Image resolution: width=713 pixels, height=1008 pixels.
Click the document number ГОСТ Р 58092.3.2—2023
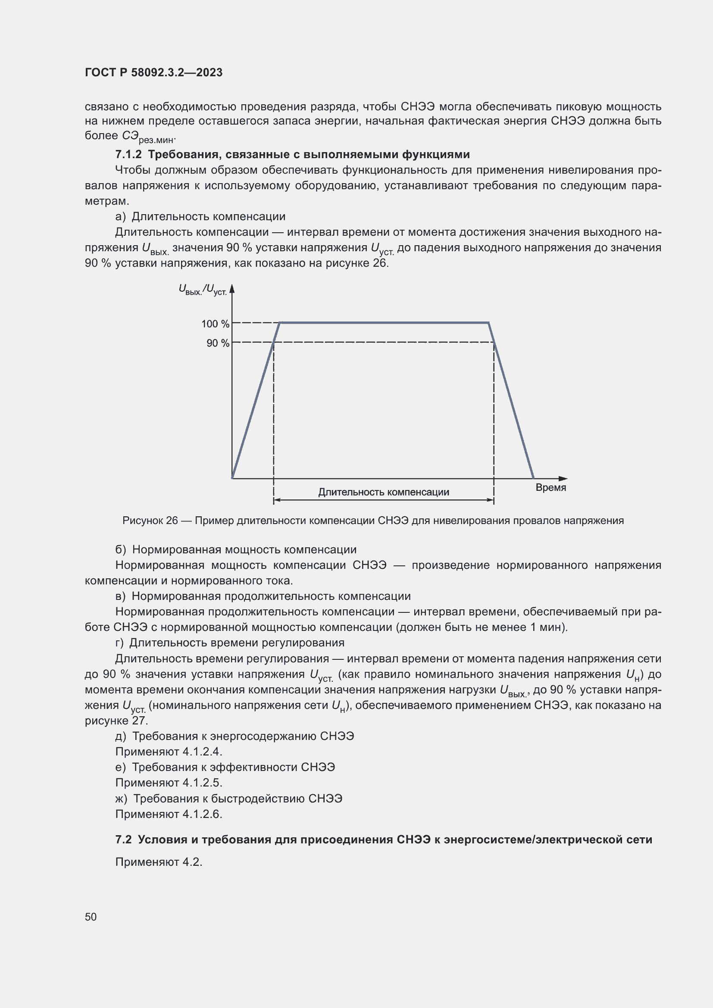pyautogui.click(x=153, y=72)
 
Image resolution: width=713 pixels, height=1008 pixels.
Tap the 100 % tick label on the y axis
pyautogui.click(x=215, y=324)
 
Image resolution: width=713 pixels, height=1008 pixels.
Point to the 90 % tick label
pyautogui.click(x=218, y=343)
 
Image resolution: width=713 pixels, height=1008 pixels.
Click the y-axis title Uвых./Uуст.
pyautogui.click(x=203, y=290)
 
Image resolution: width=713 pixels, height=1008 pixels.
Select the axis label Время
pyautogui.click(x=550, y=488)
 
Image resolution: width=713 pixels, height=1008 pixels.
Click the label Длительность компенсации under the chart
pyautogui.click(x=383, y=492)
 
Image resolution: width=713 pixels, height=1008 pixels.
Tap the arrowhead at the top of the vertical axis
pyautogui.click(x=232, y=288)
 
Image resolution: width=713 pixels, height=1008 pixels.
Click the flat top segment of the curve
pyautogui.click(x=384, y=323)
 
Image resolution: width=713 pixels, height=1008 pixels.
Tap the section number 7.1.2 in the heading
pyautogui.click(x=128, y=155)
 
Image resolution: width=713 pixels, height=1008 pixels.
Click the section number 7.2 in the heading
pyautogui.click(x=123, y=839)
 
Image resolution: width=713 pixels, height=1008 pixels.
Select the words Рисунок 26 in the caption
pyautogui.click(x=150, y=521)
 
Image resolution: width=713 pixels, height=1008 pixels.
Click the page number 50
pyautogui.click(x=91, y=917)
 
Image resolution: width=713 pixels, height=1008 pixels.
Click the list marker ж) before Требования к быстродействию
pyautogui.click(x=121, y=799)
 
